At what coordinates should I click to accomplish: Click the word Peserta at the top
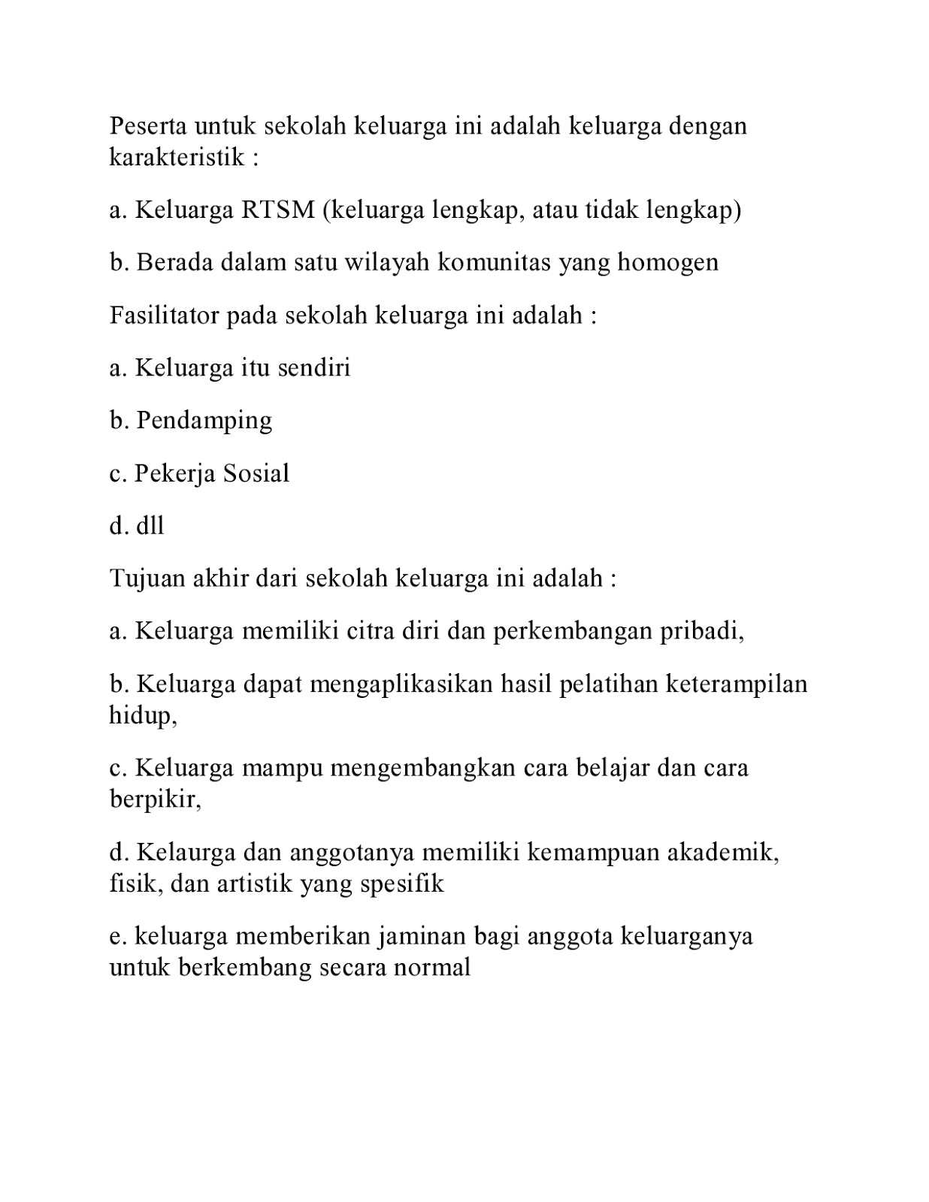point(147,125)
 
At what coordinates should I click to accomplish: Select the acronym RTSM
point(277,210)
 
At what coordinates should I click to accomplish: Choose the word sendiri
point(313,367)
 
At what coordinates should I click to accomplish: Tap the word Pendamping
point(204,421)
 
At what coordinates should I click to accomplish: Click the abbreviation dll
point(150,526)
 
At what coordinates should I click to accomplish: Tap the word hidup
point(142,715)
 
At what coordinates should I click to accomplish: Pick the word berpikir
point(155,799)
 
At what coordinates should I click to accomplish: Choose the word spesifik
point(402,883)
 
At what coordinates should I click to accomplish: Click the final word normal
point(432,967)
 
